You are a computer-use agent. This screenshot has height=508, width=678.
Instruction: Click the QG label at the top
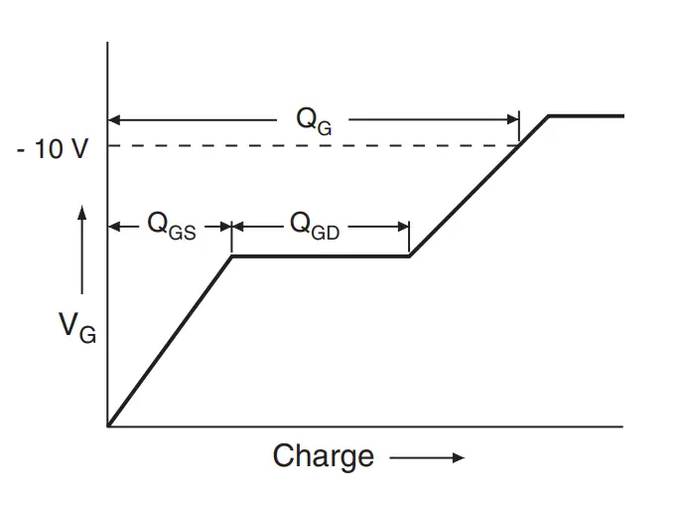[x=313, y=120]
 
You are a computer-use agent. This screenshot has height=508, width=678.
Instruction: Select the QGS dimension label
[x=171, y=226]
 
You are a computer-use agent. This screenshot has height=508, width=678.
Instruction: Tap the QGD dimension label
[x=314, y=226]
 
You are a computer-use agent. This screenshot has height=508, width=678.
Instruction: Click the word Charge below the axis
[x=324, y=456]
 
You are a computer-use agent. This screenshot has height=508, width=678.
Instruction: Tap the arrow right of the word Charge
[x=427, y=457]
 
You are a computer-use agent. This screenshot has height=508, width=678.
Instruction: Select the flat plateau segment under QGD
[x=321, y=256]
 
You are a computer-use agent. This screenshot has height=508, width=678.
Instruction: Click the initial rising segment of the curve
[x=169, y=342]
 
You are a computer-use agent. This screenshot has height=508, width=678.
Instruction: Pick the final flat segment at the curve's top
[x=587, y=116]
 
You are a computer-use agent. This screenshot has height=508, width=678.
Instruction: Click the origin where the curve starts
[x=108, y=425]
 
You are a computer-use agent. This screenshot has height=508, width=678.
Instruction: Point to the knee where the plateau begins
[x=232, y=256]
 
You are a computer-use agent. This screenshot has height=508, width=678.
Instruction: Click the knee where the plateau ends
[x=409, y=256]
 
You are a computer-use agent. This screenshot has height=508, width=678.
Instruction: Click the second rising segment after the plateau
[x=467, y=199]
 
